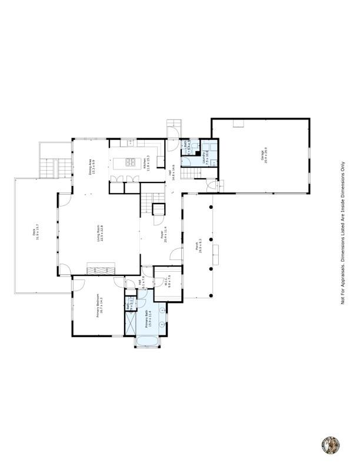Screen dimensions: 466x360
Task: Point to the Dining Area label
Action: tap(91, 167)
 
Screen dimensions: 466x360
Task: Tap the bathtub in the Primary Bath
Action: tap(148, 341)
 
